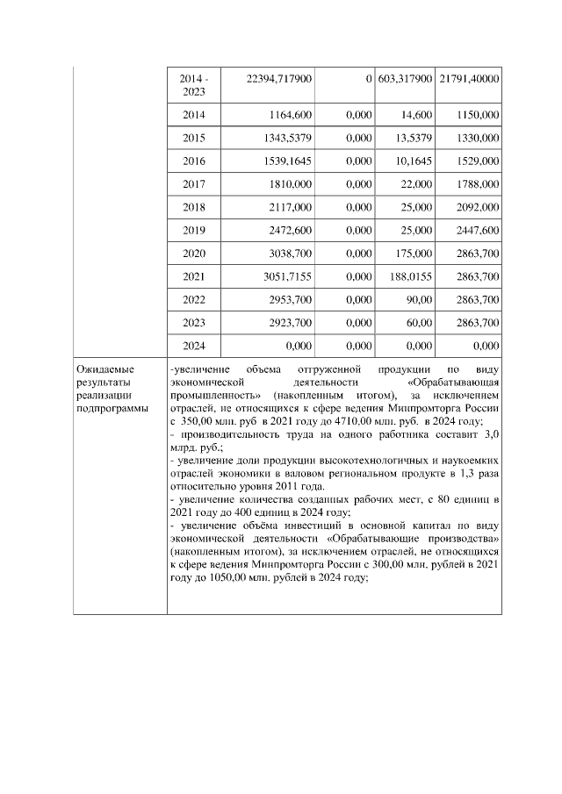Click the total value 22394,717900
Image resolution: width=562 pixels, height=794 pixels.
pos(275,79)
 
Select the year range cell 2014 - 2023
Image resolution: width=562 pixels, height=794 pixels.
pos(194,85)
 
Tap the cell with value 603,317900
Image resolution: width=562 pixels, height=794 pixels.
pos(405,79)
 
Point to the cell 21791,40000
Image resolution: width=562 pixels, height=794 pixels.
pos(469,79)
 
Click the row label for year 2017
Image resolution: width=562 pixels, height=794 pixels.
pos(194,184)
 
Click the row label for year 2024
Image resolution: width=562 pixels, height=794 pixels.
pos(194,346)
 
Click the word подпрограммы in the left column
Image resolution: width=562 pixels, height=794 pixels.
pos(112,408)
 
